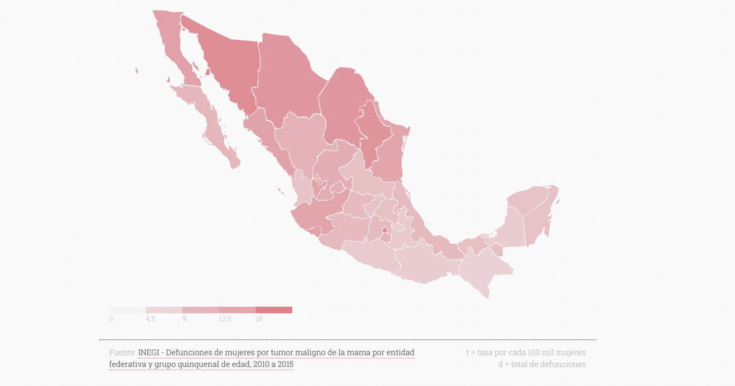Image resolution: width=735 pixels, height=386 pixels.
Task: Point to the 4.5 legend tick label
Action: pyautogui.click(x=150, y=319)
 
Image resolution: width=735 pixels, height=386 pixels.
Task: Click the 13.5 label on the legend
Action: pyautogui.click(x=225, y=319)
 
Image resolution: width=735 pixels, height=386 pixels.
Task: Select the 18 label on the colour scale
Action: pyautogui.click(x=259, y=319)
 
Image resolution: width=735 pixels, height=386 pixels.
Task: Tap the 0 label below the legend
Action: pyautogui.click(x=111, y=319)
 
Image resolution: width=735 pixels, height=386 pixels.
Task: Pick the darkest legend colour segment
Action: pyautogui.click(x=274, y=310)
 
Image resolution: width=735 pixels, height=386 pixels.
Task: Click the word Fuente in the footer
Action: pyautogui.click(x=122, y=352)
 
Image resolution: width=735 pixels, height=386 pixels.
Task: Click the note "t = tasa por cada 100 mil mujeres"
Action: pyautogui.click(x=526, y=352)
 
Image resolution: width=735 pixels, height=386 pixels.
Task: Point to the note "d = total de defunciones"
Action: pyautogui.click(x=541, y=364)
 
